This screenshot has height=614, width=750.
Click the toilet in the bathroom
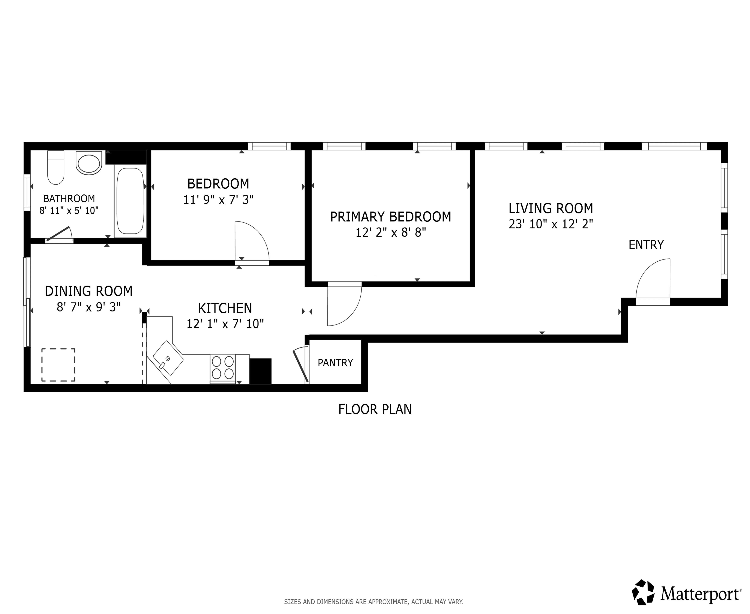pyautogui.click(x=55, y=168)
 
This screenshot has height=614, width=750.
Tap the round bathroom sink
pyautogui.click(x=88, y=163)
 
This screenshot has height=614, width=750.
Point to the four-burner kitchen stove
pyautogui.click(x=223, y=368)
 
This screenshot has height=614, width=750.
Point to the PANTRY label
pyautogui.click(x=335, y=362)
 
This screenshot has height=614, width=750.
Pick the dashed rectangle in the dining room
pyautogui.click(x=58, y=365)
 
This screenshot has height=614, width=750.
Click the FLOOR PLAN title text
pyautogui.click(x=375, y=409)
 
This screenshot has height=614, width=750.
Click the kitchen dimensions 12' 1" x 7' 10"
pyautogui.click(x=225, y=324)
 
